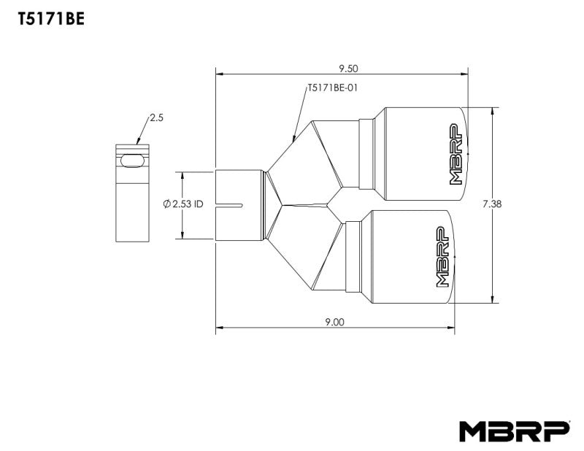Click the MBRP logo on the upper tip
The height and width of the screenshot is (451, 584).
(x=456, y=155)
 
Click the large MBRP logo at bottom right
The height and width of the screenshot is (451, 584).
(x=514, y=431)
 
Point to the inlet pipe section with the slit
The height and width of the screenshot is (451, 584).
(x=239, y=205)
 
